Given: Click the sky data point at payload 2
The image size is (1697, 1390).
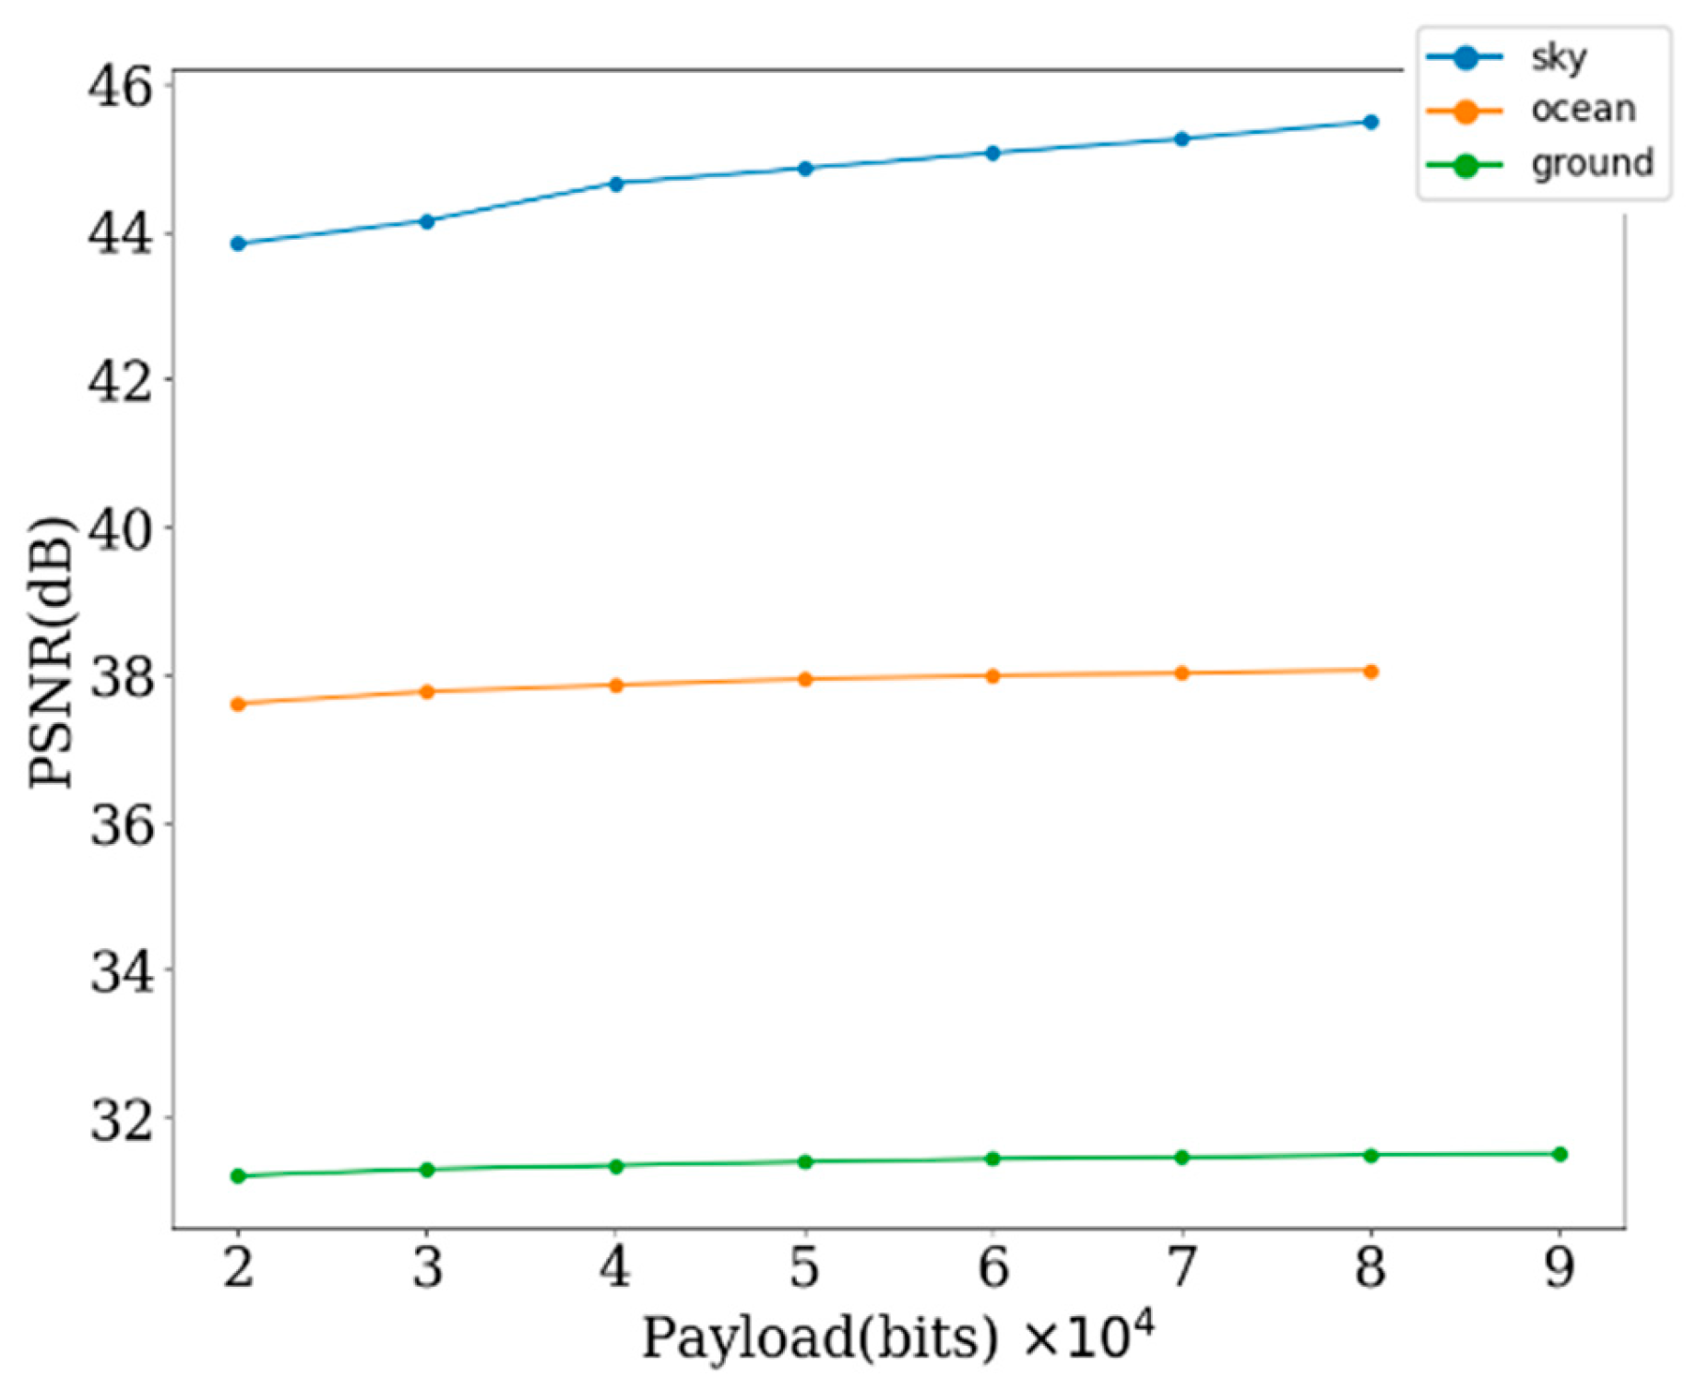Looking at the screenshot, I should point(238,244).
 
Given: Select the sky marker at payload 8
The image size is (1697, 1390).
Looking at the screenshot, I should point(1371,122).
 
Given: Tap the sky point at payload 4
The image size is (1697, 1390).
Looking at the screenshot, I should point(616,184).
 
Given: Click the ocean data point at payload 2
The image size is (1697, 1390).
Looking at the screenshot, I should point(238,704).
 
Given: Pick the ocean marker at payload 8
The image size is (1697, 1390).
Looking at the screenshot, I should point(1371,671).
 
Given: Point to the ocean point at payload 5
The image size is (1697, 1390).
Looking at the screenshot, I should point(804,679).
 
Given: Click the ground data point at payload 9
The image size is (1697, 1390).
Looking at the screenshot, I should point(1560,1154).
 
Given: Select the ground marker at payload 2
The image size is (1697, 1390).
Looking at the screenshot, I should point(238,1176).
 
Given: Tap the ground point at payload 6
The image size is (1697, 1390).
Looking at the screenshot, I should point(992,1158).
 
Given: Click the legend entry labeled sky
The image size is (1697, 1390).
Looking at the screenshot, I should point(1559,58).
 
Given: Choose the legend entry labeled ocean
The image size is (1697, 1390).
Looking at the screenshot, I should point(1583,110).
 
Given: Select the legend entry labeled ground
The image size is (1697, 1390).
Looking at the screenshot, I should point(1592,163).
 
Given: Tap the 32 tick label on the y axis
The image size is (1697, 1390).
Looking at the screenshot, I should point(120,1119).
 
